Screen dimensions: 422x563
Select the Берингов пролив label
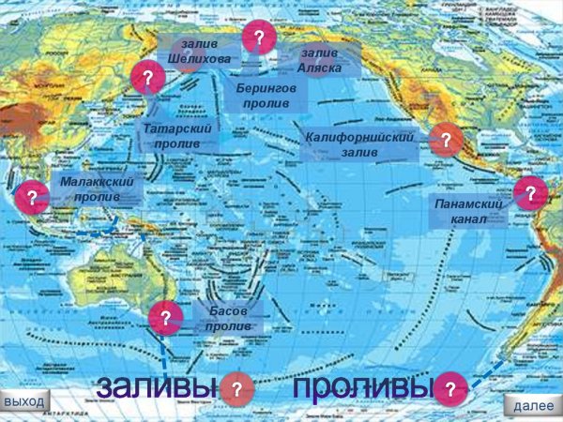[266, 95]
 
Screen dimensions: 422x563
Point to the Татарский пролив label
[176, 136]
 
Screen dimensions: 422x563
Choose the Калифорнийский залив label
[359, 144]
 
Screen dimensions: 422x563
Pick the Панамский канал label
[468, 212]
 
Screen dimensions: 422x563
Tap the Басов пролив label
[228, 318]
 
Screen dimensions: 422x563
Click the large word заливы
[156, 386]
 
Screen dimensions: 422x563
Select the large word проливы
[361, 386]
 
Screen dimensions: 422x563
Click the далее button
[531, 405]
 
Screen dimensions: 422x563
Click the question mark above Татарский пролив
[146, 77]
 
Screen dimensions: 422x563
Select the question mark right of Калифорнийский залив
[446, 142]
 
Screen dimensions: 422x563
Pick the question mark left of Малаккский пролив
[32, 197]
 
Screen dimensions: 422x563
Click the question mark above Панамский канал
[530, 193]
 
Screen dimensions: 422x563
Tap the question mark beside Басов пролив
[165, 316]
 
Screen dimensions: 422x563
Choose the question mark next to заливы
[236, 388]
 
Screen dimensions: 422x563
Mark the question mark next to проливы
[450, 388]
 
